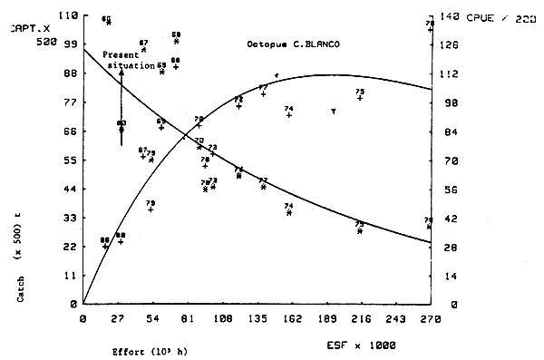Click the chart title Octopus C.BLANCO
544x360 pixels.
[293, 44]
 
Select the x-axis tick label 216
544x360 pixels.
[361, 318]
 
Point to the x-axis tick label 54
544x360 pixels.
[152, 318]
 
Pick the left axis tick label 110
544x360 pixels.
[64, 17]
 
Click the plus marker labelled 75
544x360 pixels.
[360, 97]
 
